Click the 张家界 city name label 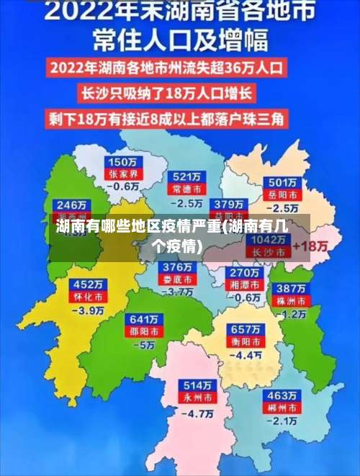pos(122,174)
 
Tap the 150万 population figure pos(122,162)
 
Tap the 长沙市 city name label pos(270,252)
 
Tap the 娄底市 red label pos(176,279)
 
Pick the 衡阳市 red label pos(246,341)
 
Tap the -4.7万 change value pos(197,414)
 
